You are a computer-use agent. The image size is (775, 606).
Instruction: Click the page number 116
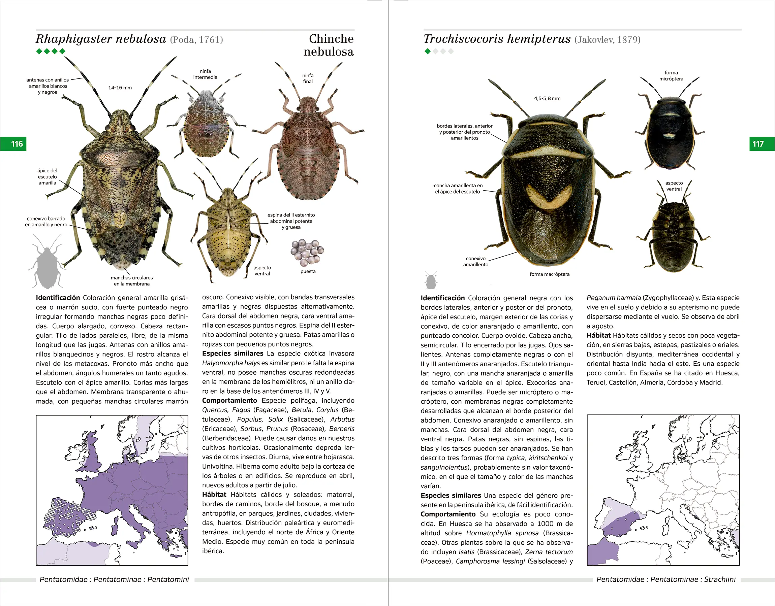coord(17,144)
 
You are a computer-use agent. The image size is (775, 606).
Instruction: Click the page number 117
coord(758,144)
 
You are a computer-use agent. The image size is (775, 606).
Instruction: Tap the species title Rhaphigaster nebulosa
coord(101,39)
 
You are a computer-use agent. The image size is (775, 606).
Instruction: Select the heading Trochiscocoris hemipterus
coord(497,39)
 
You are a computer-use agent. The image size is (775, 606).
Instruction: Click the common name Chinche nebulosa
coord(329,45)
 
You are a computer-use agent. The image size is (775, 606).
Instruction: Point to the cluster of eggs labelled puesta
coord(307,252)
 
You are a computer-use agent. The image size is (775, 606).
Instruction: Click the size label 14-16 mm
coord(120,88)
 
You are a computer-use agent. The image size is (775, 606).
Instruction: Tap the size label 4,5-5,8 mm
coord(547,98)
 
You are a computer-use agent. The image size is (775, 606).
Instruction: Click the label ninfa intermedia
coord(205,74)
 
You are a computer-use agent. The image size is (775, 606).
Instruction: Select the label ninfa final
coord(308,78)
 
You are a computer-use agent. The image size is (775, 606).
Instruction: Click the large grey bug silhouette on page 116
coord(47,263)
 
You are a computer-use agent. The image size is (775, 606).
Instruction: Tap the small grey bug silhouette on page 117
coord(431,281)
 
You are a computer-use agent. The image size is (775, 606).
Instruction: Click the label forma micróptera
coord(671,75)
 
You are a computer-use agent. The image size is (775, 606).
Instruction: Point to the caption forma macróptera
coord(550,274)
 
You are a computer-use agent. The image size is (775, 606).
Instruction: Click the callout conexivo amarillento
coord(476,262)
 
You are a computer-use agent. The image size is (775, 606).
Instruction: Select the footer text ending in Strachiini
coord(666,579)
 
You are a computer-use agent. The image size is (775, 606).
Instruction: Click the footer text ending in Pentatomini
coord(114,579)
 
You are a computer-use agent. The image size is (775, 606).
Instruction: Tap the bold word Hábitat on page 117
coord(598,335)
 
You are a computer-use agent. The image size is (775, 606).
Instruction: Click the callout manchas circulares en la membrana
coord(132,281)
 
